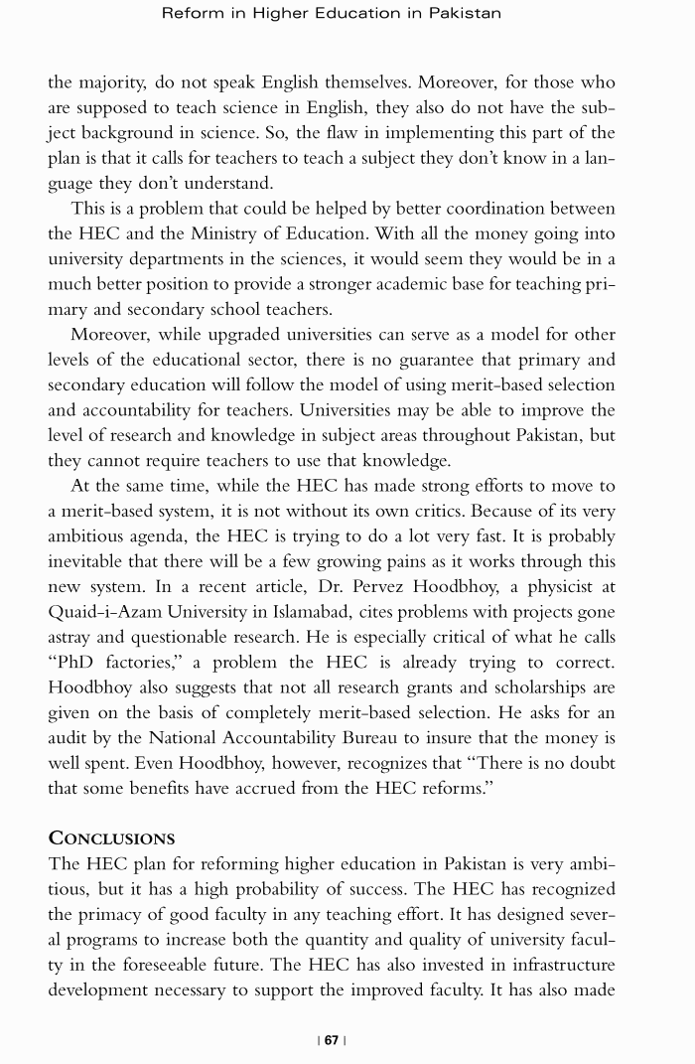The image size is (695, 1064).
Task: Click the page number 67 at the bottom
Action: pyautogui.click(x=332, y=1040)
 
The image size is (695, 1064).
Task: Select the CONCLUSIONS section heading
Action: pyautogui.click(x=111, y=837)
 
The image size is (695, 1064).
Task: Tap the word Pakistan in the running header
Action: pyautogui.click(x=465, y=13)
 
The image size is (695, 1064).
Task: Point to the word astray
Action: pyautogui.click(x=72, y=637)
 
